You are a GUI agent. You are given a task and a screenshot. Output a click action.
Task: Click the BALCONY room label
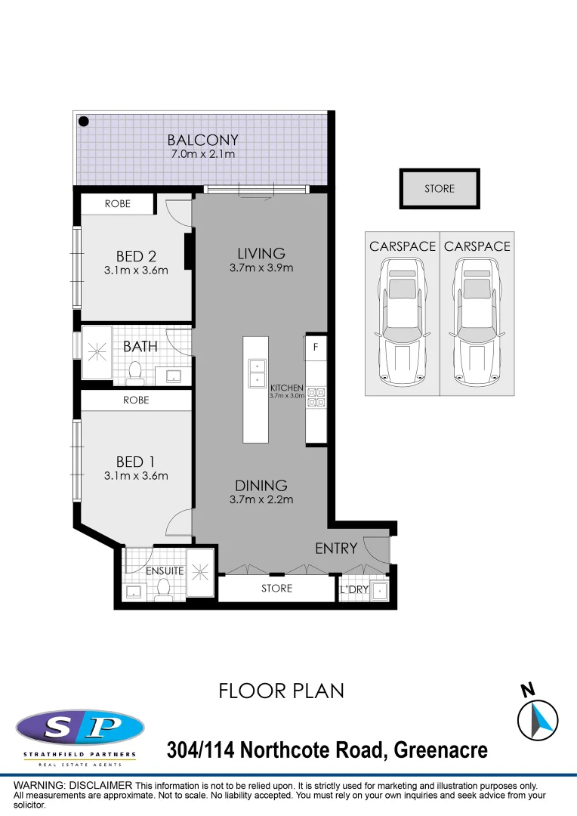click(x=202, y=140)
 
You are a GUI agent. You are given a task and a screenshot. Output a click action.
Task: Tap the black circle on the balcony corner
click(x=85, y=121)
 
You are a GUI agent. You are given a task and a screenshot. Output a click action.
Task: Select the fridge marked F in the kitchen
click(x=315, y=348)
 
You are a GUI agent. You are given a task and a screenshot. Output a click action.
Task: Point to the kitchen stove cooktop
click(x=316, y=397)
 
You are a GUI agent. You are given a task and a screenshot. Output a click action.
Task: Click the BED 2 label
click(x=136, y=257)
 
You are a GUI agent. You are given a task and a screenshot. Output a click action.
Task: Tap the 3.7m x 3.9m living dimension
click(x=261, y=267)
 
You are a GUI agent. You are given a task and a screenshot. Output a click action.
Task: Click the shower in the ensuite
click(x=200, y=573)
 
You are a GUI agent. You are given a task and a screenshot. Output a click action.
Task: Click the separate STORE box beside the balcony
click(x=440, y=189)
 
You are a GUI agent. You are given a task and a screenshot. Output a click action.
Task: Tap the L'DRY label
click(x=353, y=589)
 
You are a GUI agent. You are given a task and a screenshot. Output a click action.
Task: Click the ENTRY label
click(x=335, y=549)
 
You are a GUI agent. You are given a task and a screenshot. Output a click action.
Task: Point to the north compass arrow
click(x=538, y=719)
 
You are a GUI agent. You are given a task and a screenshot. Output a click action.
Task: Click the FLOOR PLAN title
click(x=281, y=691)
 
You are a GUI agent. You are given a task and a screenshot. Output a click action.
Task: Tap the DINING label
click(x=261, y=486)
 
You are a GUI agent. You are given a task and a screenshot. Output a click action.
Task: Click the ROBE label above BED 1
click(x=136, y=400)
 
